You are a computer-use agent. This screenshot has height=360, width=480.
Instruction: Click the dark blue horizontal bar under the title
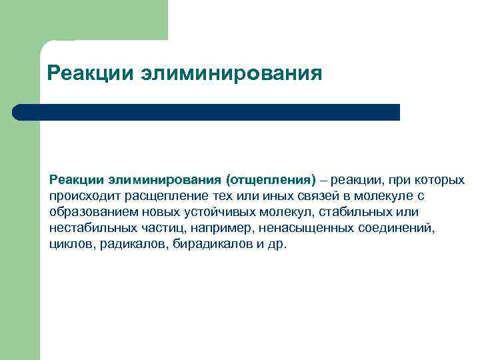207,112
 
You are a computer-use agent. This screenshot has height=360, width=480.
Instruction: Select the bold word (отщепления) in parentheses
270,180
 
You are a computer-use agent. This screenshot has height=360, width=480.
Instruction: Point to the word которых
440,180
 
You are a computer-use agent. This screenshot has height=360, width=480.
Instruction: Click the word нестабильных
89,228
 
